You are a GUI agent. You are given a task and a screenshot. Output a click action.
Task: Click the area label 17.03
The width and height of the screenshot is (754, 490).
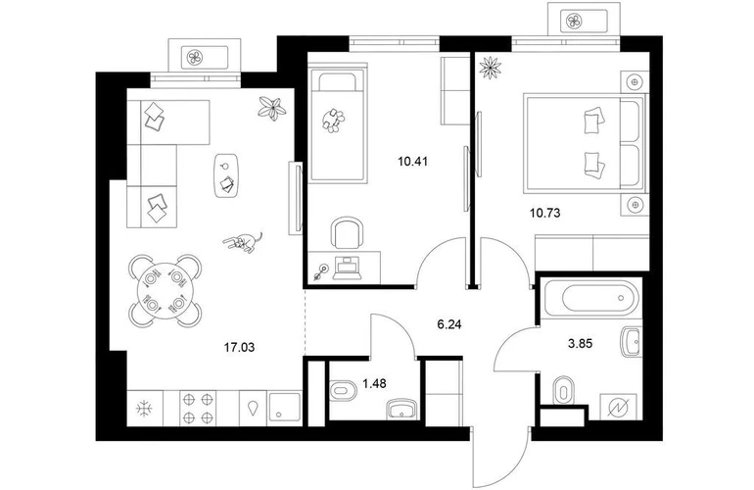coord(239,347)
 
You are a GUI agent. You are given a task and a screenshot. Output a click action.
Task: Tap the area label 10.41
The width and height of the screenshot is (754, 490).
coord(412,162)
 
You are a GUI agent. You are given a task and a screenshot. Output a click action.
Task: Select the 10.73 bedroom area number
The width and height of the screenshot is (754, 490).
coord(544,213)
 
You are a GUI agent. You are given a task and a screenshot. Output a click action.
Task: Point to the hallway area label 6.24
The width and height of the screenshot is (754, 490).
coord(449,325)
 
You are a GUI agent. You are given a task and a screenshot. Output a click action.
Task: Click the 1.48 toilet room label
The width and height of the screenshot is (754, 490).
coord(374,383)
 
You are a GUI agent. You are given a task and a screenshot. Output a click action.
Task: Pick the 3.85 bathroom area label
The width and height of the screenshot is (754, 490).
coord(580,344)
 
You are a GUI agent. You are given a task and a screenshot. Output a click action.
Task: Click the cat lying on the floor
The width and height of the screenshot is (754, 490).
coord(243,242)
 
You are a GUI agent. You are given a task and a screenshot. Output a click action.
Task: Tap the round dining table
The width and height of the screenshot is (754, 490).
coord(165,291)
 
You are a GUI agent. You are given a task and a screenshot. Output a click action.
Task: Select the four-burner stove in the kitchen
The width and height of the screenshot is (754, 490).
coord(198,409)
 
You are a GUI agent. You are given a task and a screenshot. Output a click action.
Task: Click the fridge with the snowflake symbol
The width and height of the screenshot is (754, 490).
coord(144,409)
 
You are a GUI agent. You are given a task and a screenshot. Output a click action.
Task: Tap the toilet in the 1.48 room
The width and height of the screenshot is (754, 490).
coord(343,390)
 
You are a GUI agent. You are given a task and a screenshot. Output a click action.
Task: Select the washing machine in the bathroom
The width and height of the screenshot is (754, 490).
coord(620,408)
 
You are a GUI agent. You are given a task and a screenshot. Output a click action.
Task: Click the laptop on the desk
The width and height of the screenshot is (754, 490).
coord(349,269)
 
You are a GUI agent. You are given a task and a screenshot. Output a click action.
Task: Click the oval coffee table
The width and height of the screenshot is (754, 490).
coord(225,175)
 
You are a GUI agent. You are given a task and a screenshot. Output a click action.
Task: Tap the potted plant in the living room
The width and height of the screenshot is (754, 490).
coord(272,109)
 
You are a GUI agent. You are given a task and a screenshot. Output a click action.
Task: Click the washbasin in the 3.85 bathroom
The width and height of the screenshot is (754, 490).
coord(631,342)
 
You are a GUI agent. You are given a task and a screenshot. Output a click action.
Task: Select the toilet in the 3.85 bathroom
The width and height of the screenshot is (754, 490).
coord(564,390)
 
